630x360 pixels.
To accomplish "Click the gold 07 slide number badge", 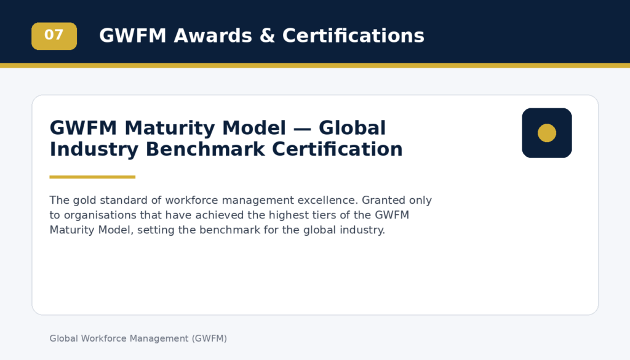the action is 54,36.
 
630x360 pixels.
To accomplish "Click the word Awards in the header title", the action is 213,36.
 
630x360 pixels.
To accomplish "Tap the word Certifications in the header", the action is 353,36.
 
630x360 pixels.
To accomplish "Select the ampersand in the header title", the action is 267,36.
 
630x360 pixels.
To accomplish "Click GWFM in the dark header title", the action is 133,36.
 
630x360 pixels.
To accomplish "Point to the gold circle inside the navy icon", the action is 547,133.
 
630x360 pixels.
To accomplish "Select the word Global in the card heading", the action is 353,128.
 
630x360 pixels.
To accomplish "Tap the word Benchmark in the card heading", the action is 205,149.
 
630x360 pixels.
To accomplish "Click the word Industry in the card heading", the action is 94,150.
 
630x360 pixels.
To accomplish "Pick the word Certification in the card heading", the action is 338,149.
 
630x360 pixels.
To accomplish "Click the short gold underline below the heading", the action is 92,177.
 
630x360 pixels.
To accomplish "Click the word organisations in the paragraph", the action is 100,215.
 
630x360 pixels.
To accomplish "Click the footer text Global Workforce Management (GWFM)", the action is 138,338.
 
